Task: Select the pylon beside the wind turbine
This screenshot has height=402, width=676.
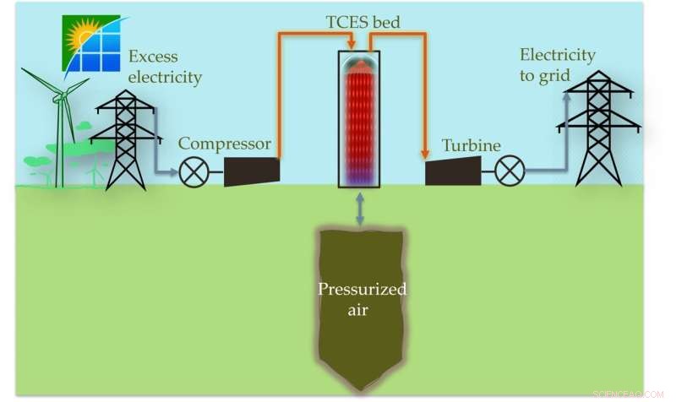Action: click(x=125, y=139)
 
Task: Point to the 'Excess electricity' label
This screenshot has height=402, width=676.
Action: click(x=166, y=68)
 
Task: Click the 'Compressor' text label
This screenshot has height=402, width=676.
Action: click(x=224, y=143)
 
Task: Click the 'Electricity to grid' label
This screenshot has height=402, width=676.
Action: click(x=557, y=66)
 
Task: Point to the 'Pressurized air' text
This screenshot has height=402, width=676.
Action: click(x=362, y=299)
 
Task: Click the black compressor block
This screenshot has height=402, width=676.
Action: click(x=252, y=171)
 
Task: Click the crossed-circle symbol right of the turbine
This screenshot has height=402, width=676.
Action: click(x=509, y=172)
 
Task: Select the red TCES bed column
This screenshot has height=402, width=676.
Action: click(x=359, y=118)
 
